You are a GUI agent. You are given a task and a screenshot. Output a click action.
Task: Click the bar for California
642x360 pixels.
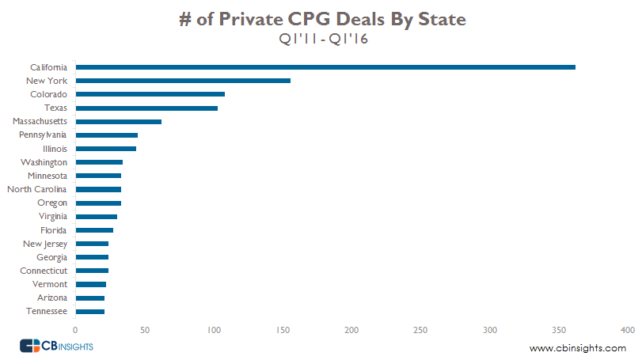tap(325, 67)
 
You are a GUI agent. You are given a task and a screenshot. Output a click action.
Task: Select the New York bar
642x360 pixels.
tap(183, 81)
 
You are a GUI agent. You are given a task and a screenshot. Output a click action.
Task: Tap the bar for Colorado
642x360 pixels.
tap(150, 94)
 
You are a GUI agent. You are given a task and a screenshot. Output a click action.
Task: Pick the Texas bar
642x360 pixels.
tap(146, 108)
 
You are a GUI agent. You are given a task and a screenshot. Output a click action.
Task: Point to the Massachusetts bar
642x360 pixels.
tap(118, 121)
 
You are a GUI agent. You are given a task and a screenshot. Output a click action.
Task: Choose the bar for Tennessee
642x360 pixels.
tap(89, 311)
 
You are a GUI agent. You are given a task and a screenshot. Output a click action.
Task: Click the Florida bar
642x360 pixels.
tap(94, 229)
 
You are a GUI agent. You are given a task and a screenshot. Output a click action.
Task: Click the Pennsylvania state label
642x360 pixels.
tap(43, 135)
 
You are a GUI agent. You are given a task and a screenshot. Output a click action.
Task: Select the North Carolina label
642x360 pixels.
tap(37, 189)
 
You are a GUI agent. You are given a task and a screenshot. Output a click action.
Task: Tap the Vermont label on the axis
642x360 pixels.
tap(49, 284)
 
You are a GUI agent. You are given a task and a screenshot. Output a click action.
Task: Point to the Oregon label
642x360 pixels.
tap(52, 203)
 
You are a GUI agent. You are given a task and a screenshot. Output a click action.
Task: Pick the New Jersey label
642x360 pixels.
tap(45, 244)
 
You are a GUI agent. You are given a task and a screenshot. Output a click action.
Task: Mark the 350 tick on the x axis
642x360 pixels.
tap(559, 329)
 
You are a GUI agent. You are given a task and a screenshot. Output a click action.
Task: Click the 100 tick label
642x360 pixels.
tap(213, 329)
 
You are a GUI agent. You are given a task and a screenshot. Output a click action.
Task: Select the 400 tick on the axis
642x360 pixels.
tap(628, 329)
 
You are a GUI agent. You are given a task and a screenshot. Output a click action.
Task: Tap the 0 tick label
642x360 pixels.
tap(75, 329)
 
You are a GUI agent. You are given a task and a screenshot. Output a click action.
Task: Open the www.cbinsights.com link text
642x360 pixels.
tap(577, 348)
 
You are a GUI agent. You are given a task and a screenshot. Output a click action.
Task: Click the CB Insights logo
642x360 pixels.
tap(56, 346)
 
